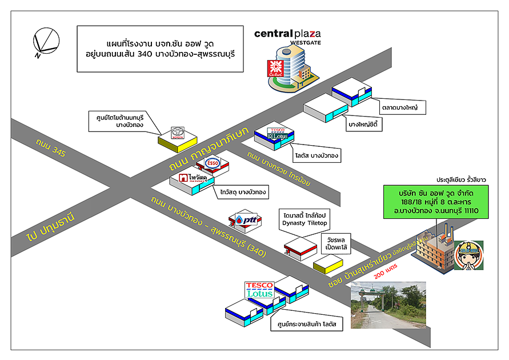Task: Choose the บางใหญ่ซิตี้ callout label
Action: [364, 123]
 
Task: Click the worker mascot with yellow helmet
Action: [468, 255]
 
